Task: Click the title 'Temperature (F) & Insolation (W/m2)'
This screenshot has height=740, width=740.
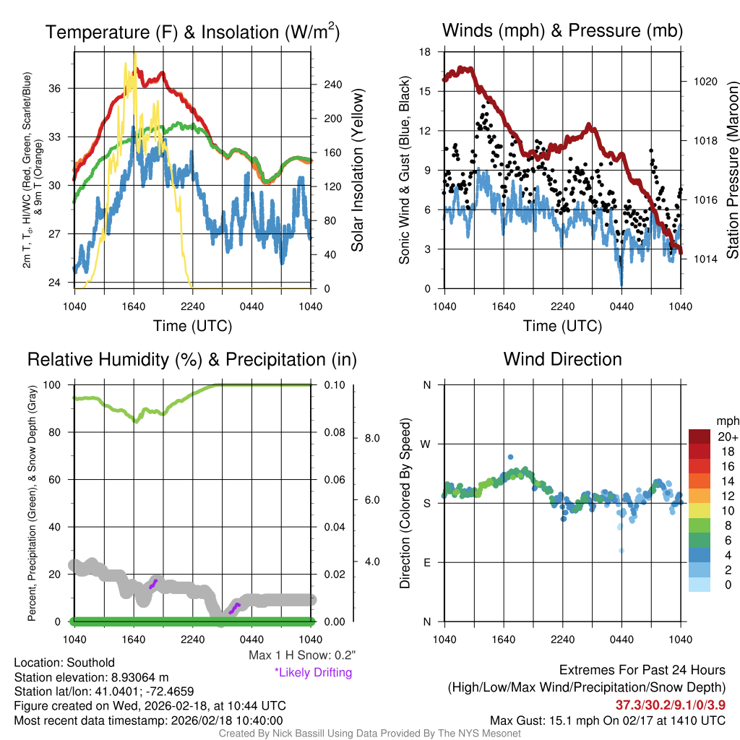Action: point(193,33)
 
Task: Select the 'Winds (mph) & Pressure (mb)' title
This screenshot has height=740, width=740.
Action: point(562,30)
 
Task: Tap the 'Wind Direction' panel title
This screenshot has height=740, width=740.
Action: point(562,359)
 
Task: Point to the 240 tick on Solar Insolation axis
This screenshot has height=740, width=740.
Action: point(332,85)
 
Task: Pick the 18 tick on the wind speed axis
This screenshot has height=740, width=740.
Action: point(425,52)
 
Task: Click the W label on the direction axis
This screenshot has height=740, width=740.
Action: point(426,444)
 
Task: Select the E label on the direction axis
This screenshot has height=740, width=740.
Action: point(426,562)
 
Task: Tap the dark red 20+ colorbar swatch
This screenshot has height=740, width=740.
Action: point(700,436)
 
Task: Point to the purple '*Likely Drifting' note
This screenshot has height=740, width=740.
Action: point(313,673)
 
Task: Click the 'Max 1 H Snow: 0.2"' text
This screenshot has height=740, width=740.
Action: point(301,655)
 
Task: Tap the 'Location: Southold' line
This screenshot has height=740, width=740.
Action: point(64,663)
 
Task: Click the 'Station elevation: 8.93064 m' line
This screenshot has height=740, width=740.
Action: point(91,677)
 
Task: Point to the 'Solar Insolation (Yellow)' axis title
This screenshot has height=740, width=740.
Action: point(357,171)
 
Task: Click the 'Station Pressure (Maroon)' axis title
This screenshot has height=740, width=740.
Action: point(731,171)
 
